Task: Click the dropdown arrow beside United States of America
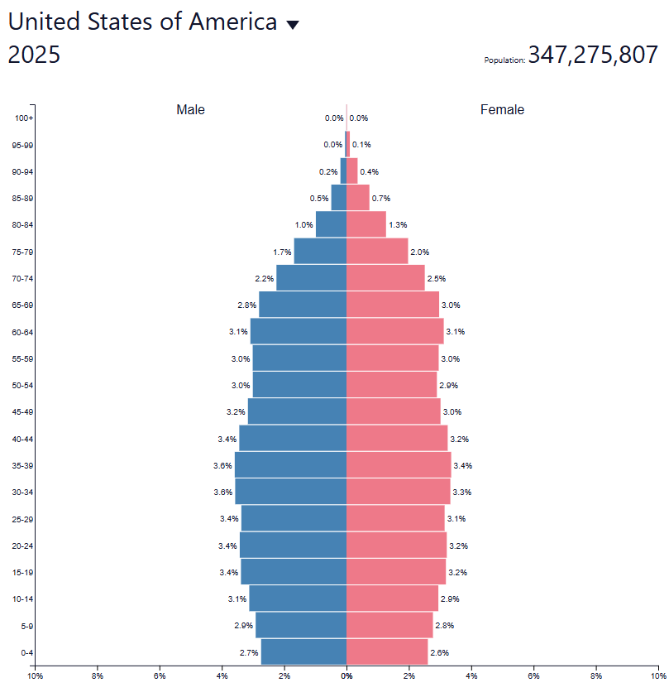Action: pyautogui.click(x=292, y=25)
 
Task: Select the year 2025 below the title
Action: pyautogui.click(x=34, y=55)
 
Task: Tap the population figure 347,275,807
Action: pyautogui.click(x=593, y=55)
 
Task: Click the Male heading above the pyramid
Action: pyautogui.click(x=190, y=110)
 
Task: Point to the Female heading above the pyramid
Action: pyautogui.click(x=502, y=110)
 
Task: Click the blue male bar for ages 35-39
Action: pyautogui.click(x=290, y=465)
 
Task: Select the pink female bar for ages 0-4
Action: pyautogui.click(x=387, y=652)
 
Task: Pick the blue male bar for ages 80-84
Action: pyautogui.click(x=331, y=224)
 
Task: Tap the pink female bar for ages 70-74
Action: pyautogui.click(x=385, y=278)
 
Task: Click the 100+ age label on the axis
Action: pyautogui.click(x=24, y=118)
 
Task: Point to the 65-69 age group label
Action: pyautogui.click(x=23, y=305)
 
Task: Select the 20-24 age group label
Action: pyautogui.click(x=23, y=546)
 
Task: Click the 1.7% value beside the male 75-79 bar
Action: pyautogui.click(x=282, y=252)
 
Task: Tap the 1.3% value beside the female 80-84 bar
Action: pyautogui.click(x=398, y=225)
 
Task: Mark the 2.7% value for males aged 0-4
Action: pyautogui.click(x=249, y=652)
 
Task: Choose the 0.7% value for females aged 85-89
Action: pyautogui.click(x=381, y=199)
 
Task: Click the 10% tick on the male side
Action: pyautogui.click(x=36, y=676)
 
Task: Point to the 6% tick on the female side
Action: pyautogui.click(x=533, y=676)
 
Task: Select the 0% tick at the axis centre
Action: pyautogui.click(x=346, y=676)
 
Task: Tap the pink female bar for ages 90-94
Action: pyautogui.click(x=352, y=171)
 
